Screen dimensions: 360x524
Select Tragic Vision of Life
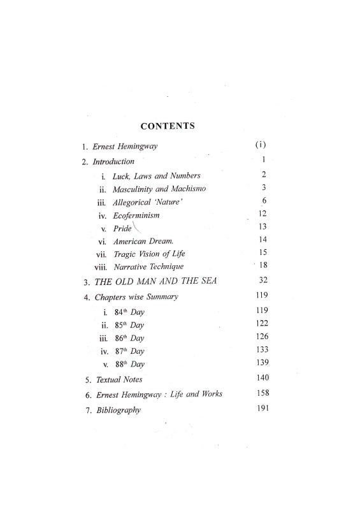point(147,256)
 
